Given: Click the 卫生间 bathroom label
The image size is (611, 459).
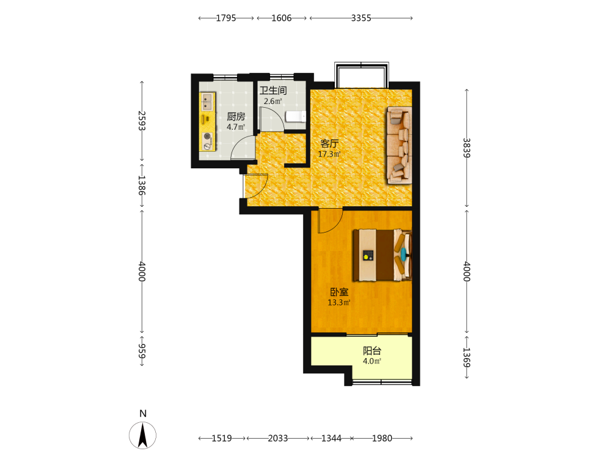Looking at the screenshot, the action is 273,91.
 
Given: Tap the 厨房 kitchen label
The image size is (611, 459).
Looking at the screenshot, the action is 236,116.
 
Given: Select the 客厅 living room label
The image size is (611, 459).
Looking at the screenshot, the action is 329,143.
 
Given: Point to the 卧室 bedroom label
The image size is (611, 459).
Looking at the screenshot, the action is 339,292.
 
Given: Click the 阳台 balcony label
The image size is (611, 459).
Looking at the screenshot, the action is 372,351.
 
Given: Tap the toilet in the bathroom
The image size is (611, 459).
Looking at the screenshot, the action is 296,116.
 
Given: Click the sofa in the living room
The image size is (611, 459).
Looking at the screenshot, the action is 400,145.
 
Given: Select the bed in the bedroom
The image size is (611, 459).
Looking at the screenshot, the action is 382,255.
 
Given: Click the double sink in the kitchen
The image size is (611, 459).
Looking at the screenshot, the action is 207,102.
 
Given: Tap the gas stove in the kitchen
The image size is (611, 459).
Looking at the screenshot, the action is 207,141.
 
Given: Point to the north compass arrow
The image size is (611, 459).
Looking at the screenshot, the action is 142,435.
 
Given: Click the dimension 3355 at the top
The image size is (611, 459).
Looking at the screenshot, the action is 361,18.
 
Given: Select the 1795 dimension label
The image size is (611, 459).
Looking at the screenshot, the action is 226,18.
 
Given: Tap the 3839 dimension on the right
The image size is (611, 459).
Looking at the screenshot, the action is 467,148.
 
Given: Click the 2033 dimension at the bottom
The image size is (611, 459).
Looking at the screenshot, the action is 278,438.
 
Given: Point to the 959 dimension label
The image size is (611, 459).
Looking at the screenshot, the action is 142,351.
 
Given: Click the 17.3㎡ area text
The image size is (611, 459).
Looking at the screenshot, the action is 329,154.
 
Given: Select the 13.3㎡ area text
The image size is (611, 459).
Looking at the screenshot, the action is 339,302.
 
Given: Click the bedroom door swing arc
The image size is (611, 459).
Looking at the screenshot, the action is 335,226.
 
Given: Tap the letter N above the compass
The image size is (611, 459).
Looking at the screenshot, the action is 143,414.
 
